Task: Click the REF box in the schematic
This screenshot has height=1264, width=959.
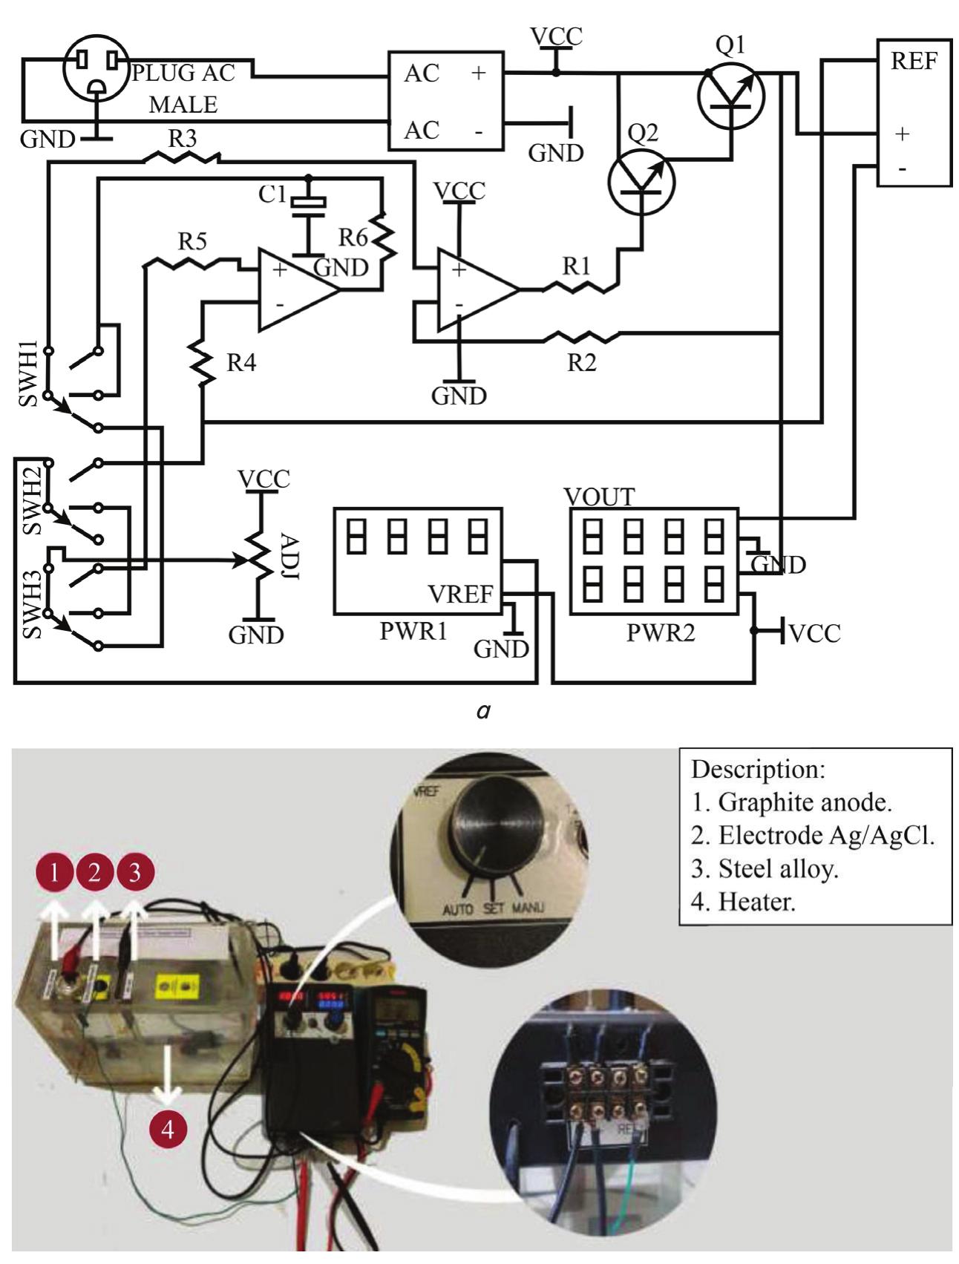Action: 914,111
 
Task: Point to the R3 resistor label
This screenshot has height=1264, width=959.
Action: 182,139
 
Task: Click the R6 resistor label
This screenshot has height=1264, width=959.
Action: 353,238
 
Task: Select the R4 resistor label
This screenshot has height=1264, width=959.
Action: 240,363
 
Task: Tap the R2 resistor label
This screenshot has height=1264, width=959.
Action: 581,363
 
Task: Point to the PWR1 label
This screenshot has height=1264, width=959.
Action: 413,632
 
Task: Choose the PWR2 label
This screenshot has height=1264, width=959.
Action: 661,633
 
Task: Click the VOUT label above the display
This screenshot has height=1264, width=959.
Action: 599,497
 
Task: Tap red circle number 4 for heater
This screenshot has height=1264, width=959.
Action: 168,1130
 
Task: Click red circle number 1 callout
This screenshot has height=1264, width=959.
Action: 53,873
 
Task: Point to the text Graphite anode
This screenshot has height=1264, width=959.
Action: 805,802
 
